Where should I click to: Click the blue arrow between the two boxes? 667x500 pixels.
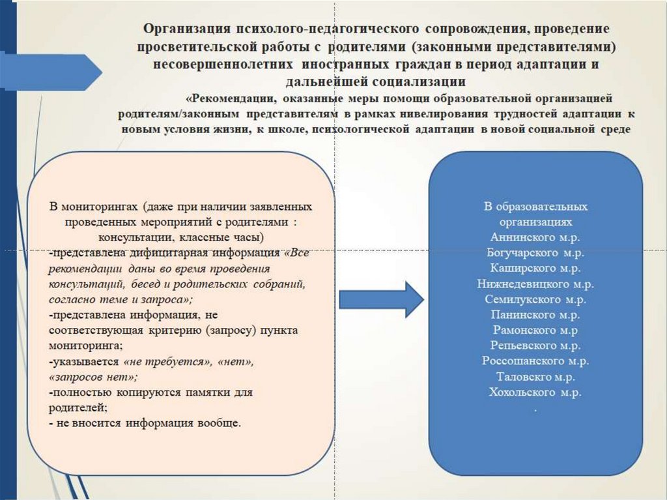pos(382,299)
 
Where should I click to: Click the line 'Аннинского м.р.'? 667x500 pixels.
pos(535,237)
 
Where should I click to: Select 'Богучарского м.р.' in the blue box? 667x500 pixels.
pos(535,252)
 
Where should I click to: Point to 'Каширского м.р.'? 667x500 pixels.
pos(535,268)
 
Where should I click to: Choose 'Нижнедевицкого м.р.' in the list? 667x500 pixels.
pos(535,284)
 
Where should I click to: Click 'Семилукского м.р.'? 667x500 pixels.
pos(535,300)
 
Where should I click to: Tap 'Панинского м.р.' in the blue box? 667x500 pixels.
pos(535,315)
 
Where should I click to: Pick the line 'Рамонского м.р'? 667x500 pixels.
pos(535,330)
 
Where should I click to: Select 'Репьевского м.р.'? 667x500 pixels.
pos(535,346)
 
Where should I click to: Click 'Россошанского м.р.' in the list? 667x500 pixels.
pos(535,360)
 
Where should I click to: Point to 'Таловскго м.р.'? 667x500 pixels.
pos(535,376)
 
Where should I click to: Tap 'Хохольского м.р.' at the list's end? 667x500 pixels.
pos(535,392)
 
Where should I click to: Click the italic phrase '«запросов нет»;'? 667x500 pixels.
pos(92,377)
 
